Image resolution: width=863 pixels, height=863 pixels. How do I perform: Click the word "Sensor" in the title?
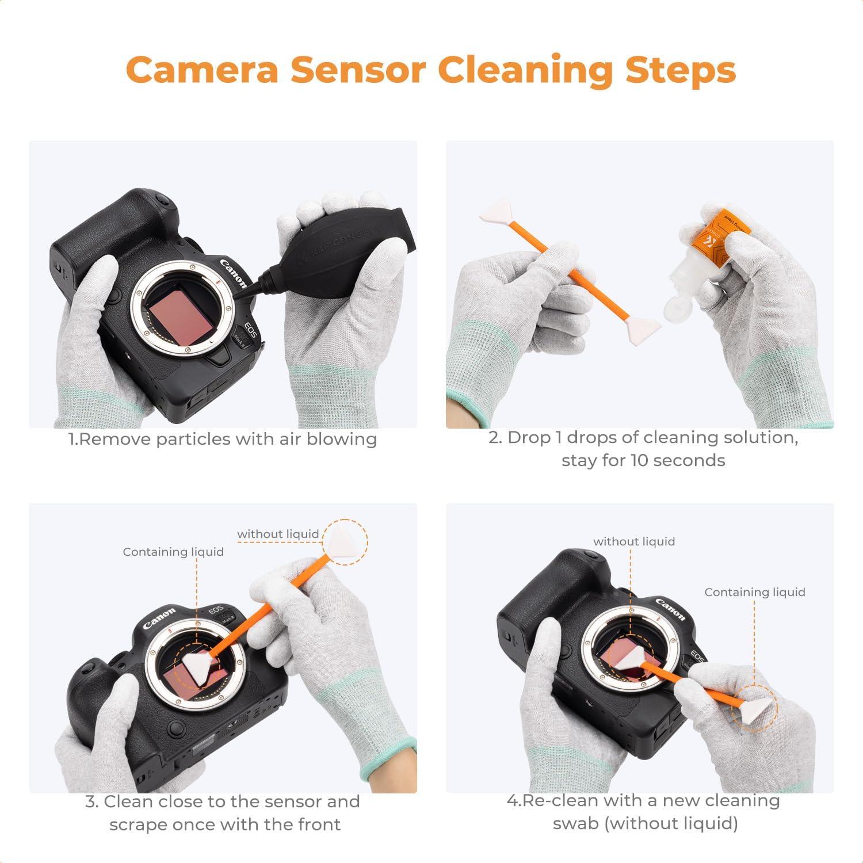tap(357, 70)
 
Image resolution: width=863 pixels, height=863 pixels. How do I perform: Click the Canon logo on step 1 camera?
tap(233, 274)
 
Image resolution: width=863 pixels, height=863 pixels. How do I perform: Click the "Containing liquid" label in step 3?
tap(173, 552)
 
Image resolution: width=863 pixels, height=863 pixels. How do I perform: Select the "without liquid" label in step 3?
tap(278, 534)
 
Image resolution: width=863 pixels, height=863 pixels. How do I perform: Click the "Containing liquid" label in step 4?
tap(754, 592)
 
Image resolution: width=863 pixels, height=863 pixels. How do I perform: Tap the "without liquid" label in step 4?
tap(634, 541)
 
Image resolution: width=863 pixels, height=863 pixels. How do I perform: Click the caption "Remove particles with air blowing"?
tap(223, 439)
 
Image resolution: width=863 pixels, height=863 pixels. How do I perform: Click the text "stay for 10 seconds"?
tap(643, 460)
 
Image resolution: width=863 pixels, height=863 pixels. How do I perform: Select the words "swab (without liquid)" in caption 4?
tap(645, 823)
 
